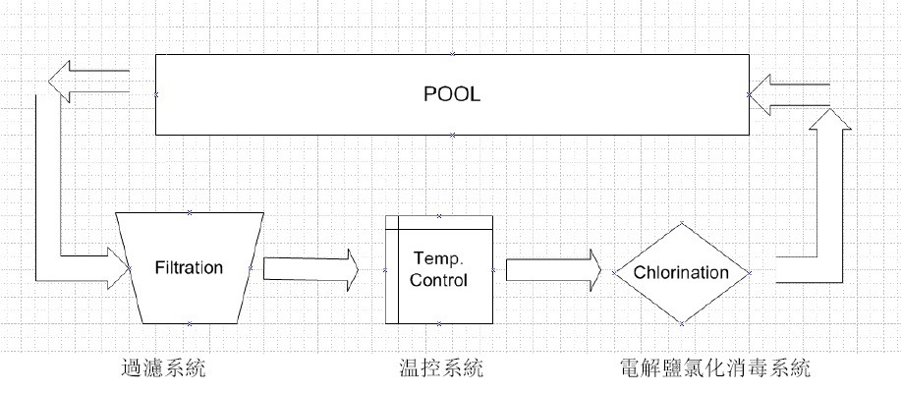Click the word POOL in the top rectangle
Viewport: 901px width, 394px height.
[452, 95]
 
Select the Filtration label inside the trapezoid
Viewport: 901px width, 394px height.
[190, 267]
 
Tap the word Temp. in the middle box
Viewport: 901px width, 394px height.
[438, 259]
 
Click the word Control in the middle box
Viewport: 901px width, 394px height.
[438, 280]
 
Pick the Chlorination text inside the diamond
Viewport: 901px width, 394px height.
[681, 272]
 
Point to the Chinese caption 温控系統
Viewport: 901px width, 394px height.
[438, 370]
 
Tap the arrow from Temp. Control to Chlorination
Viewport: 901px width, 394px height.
[553, 268]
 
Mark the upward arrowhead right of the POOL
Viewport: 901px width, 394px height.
[829, 123]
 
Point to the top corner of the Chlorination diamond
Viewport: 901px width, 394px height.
[682, 224]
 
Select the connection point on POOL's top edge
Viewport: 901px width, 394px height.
[452, 54]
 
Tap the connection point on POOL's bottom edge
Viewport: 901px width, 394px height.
[452, 134]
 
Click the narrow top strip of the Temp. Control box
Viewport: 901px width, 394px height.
[438, 221]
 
